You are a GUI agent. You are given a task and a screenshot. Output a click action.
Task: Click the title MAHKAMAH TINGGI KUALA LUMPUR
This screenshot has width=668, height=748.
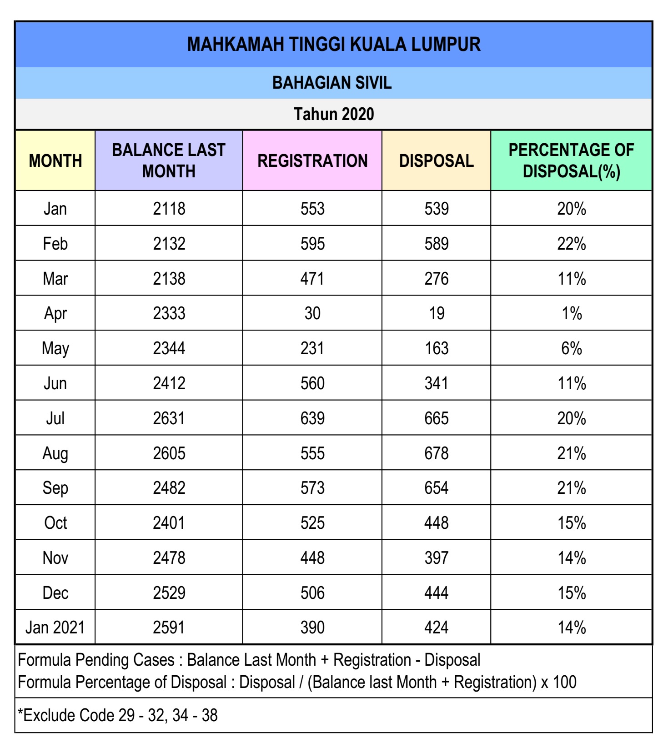333,45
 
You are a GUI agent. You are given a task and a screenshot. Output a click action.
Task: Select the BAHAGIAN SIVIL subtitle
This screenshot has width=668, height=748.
332,83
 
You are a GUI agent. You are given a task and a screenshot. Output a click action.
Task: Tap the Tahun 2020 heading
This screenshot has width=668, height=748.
333,114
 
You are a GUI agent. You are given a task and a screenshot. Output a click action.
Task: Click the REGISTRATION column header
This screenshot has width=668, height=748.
312,161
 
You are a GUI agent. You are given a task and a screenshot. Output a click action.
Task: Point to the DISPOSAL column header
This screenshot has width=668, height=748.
436,161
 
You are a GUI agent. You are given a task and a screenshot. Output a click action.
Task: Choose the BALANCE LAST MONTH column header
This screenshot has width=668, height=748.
169,161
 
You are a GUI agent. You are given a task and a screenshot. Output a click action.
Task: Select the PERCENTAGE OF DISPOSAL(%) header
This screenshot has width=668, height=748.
571,161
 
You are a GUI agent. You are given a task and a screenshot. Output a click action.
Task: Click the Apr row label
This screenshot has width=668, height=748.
55,313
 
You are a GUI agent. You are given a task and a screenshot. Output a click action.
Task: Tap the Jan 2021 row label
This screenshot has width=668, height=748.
55,628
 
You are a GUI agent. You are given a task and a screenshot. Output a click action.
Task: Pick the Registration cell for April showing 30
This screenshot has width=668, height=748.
312,313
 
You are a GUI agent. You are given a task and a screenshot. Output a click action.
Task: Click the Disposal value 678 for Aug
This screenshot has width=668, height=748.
436,453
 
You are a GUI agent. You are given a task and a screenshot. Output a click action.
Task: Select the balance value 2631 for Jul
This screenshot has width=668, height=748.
169,418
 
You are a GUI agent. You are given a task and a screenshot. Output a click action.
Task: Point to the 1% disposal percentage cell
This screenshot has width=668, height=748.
571,313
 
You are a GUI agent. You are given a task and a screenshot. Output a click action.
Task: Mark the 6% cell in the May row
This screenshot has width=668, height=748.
571,348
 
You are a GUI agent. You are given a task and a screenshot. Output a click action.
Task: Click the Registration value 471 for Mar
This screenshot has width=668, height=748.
312,279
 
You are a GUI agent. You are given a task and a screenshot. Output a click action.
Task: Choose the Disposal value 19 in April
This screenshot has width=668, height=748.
436,313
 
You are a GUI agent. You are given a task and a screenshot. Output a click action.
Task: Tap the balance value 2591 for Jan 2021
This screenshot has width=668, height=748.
169,628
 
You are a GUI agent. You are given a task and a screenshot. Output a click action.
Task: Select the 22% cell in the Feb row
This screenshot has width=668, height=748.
571,244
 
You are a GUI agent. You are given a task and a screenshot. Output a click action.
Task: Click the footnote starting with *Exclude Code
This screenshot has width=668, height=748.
118,715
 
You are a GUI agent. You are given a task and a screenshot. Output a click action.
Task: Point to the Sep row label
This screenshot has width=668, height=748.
55,488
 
